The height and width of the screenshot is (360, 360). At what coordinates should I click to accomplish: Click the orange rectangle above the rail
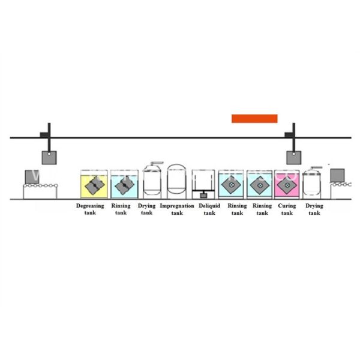click(254, 118)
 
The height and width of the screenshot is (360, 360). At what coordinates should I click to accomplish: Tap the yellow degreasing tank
click(94, 185)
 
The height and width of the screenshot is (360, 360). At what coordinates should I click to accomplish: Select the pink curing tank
click(287, 185)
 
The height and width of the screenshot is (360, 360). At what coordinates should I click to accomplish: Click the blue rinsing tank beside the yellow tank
click(124, 185)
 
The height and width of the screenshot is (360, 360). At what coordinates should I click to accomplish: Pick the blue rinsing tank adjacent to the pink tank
click(260, 185)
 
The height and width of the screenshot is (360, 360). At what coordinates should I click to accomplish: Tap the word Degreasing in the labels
click(89, 206)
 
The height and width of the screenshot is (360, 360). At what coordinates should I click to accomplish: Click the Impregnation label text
click(177, 206)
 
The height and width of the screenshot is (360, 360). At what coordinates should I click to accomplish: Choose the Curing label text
click(287, 206)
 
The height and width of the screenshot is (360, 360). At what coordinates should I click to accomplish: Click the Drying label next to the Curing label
click(314, 206)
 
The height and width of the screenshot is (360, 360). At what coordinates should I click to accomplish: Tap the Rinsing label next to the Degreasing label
click(121, 206)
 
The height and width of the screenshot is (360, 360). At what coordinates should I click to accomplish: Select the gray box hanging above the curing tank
click(293, 157)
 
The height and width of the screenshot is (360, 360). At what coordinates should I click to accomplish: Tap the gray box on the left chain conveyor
click(32, 178)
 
